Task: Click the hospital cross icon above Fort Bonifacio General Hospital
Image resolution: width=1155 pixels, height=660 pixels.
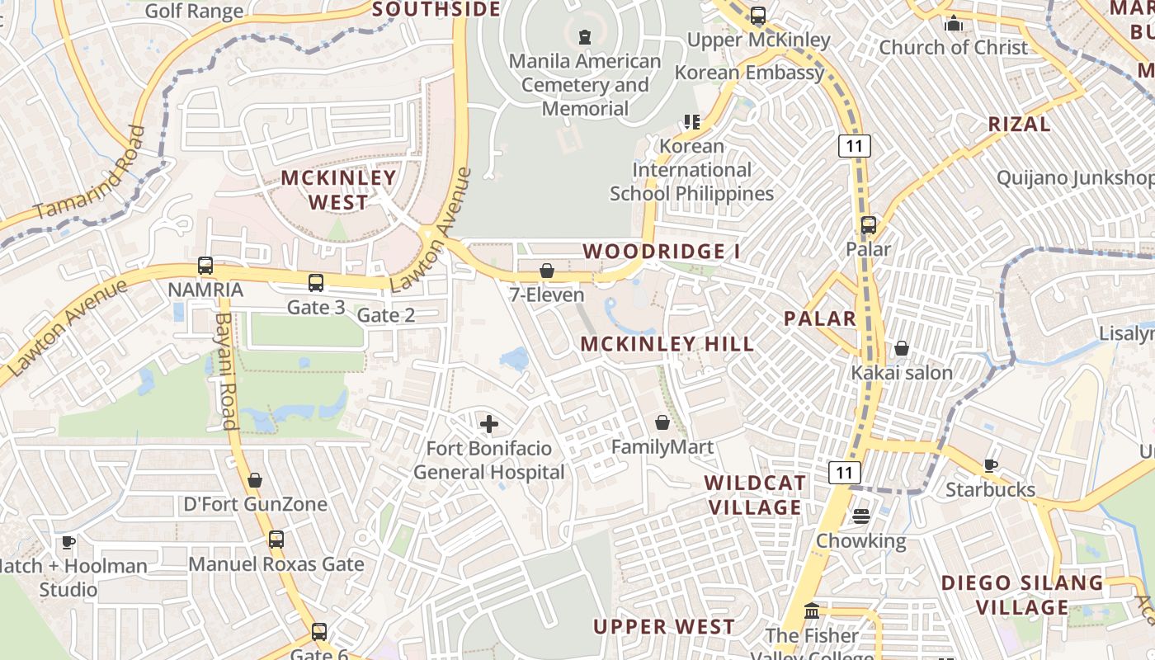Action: tap(489, 425)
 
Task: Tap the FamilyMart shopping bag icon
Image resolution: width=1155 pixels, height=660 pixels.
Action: tap(662, 423)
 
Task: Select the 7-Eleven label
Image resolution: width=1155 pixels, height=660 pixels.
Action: tap(546, 295)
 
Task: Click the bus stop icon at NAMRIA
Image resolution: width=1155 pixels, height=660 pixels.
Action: tap(205, 266)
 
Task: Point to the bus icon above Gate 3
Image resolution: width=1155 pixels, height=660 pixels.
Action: tap(316, 283)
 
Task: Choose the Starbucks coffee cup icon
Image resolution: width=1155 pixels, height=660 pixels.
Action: tap(990, 466)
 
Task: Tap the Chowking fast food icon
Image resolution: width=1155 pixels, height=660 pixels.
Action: tap(861, 516)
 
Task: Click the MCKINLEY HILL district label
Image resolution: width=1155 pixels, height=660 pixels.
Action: tap(667, 344)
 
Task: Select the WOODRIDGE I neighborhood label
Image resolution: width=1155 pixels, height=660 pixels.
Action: tap(662, 251)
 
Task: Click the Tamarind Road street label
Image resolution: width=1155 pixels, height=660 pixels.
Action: tap(92, 172)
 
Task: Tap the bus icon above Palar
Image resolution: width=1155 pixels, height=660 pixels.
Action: tap(868, 225)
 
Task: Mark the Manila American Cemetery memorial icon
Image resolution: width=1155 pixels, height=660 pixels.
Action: tap(585, 37)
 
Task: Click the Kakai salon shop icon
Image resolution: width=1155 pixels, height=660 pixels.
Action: tap(902, 349)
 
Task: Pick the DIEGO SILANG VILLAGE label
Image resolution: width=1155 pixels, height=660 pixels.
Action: tap(1022, 595)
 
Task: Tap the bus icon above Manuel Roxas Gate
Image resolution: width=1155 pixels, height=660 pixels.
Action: tap(276, 540)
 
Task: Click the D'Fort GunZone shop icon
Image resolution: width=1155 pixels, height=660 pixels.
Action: tap(255, 480)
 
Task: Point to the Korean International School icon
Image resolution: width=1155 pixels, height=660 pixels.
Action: tap(691, 122)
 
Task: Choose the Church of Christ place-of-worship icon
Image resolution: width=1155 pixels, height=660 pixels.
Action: tap(954, 23)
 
